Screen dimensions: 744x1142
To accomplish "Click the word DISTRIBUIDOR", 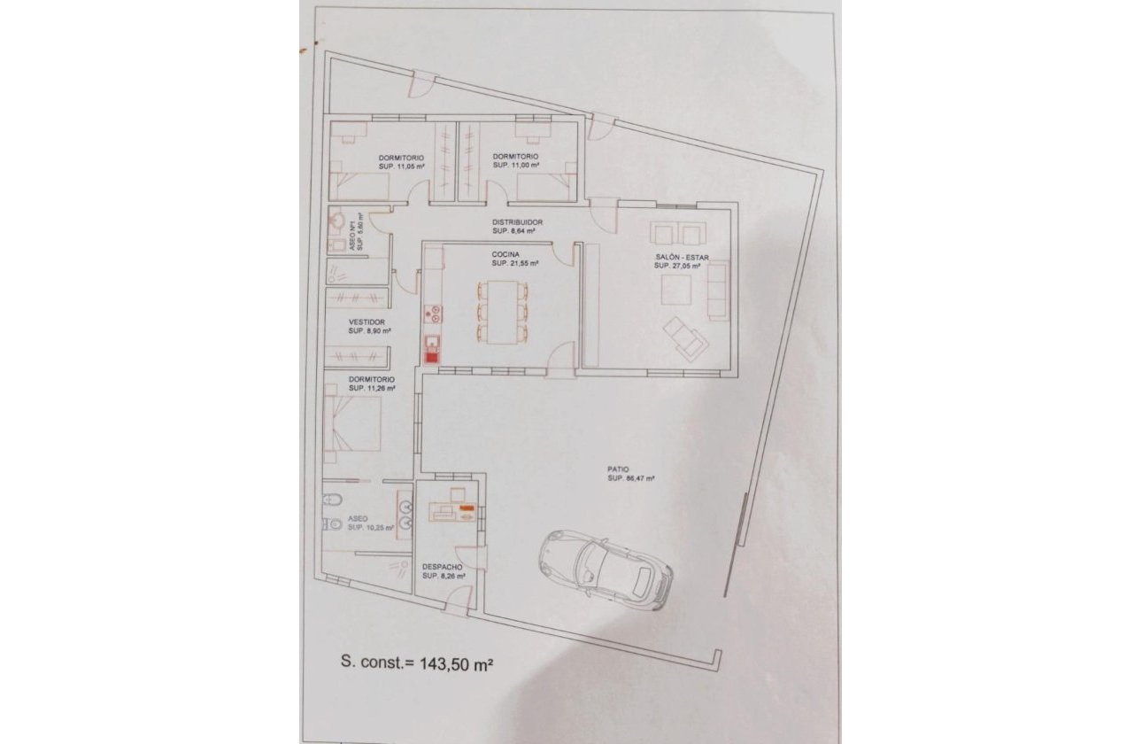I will [x=517, y=222].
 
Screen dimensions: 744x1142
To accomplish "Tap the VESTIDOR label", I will [x=366, y=322].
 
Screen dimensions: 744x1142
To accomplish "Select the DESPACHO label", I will [x=442, y=567].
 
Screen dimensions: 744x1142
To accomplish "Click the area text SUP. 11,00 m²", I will [x=517, y=166].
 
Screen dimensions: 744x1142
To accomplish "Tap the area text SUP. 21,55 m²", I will [x=516, y=263].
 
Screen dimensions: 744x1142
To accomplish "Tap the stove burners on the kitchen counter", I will [x=434, y=312].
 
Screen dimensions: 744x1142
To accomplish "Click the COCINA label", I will [x=506, y=254].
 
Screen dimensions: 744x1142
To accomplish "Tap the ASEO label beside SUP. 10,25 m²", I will [x=358, y=518].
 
